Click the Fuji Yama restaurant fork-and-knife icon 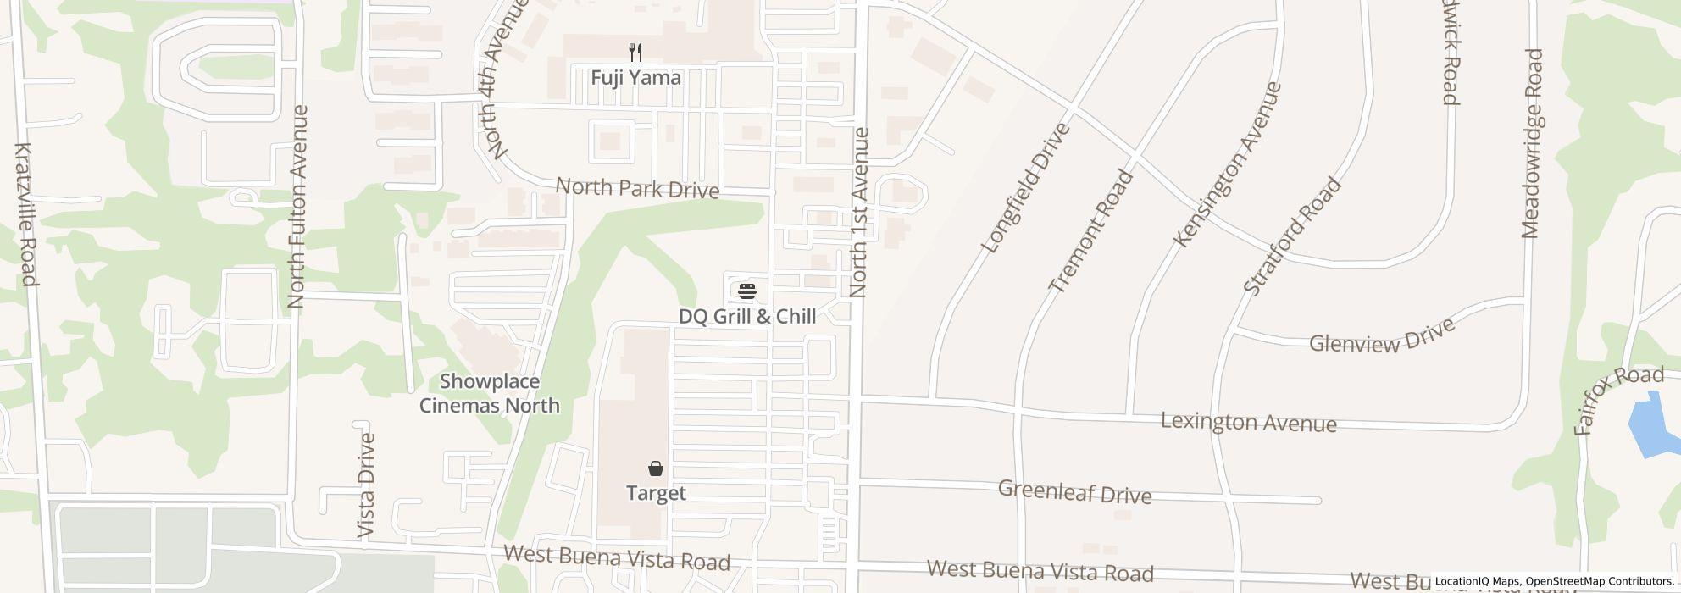[x=635, y=53]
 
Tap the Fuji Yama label [x=635, y=78]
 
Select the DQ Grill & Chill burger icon [x=747, y=292]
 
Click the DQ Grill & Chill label [x=747, y=317]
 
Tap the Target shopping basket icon [x=656, y=468]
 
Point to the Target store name [x=656, y=493]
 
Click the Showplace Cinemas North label [x=490, y=394]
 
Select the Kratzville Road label [x=25, y=214]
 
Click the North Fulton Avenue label [x=297, y=207]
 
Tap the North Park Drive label [x=637, y=188]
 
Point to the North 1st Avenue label [x=859, y=213]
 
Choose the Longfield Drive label [x=1025, y=188]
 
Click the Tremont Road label [x=1090, y=231]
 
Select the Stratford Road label [x=1292, y=236]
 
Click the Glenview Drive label [x=1382, y=336]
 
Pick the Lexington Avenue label [x=1248, y=422]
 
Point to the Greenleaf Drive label [x=1074, y=492]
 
